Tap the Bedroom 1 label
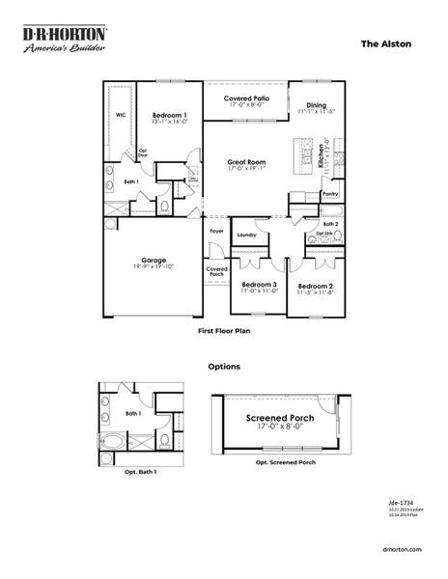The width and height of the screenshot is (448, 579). coord(170,115)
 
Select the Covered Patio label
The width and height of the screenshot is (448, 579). coord(245,98)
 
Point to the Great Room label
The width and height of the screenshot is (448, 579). coord(248,162)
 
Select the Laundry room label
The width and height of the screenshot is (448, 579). coord(245,234)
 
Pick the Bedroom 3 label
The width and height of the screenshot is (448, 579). coord(259,285)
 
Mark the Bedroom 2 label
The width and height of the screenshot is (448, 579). coord(315,287)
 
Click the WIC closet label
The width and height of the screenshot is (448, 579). coord(121,114)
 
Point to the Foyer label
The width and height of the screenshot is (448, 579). coord(216,232)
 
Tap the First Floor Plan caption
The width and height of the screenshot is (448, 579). coord(223,330)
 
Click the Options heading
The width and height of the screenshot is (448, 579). coord(224,367)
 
